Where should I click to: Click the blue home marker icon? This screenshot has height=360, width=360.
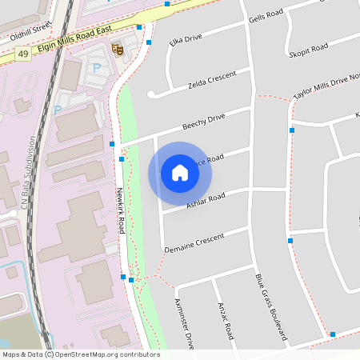click(180, 173)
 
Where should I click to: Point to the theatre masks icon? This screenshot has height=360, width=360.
click(117, 50)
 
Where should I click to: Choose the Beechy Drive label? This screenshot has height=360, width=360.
click(204, 122)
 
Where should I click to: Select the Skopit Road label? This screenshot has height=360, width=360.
click(310, 50)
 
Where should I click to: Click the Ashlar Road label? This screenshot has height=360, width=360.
click(205, 201)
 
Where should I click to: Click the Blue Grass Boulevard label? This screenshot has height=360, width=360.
click(270, 306)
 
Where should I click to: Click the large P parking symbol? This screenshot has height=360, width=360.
click(98, 68)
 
